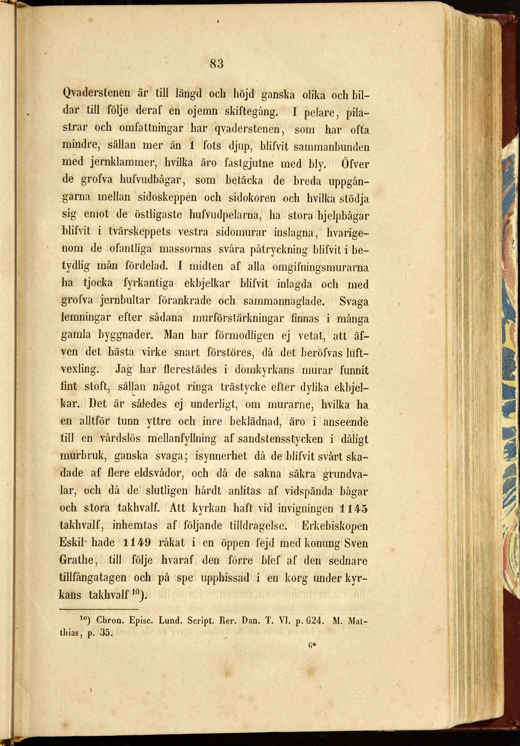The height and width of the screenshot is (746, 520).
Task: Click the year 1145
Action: pos(353,508)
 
